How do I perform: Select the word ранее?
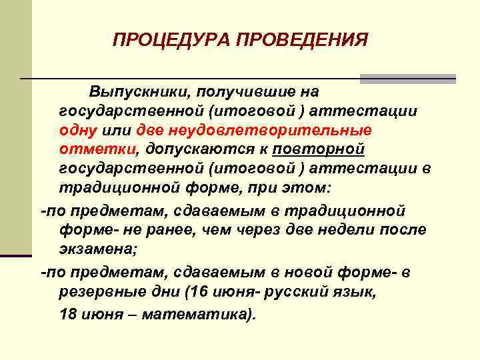[176, 229]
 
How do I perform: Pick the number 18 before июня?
[68, 313]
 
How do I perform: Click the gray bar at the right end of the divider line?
[408, 79]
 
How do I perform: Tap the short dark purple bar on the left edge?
[16, 255]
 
